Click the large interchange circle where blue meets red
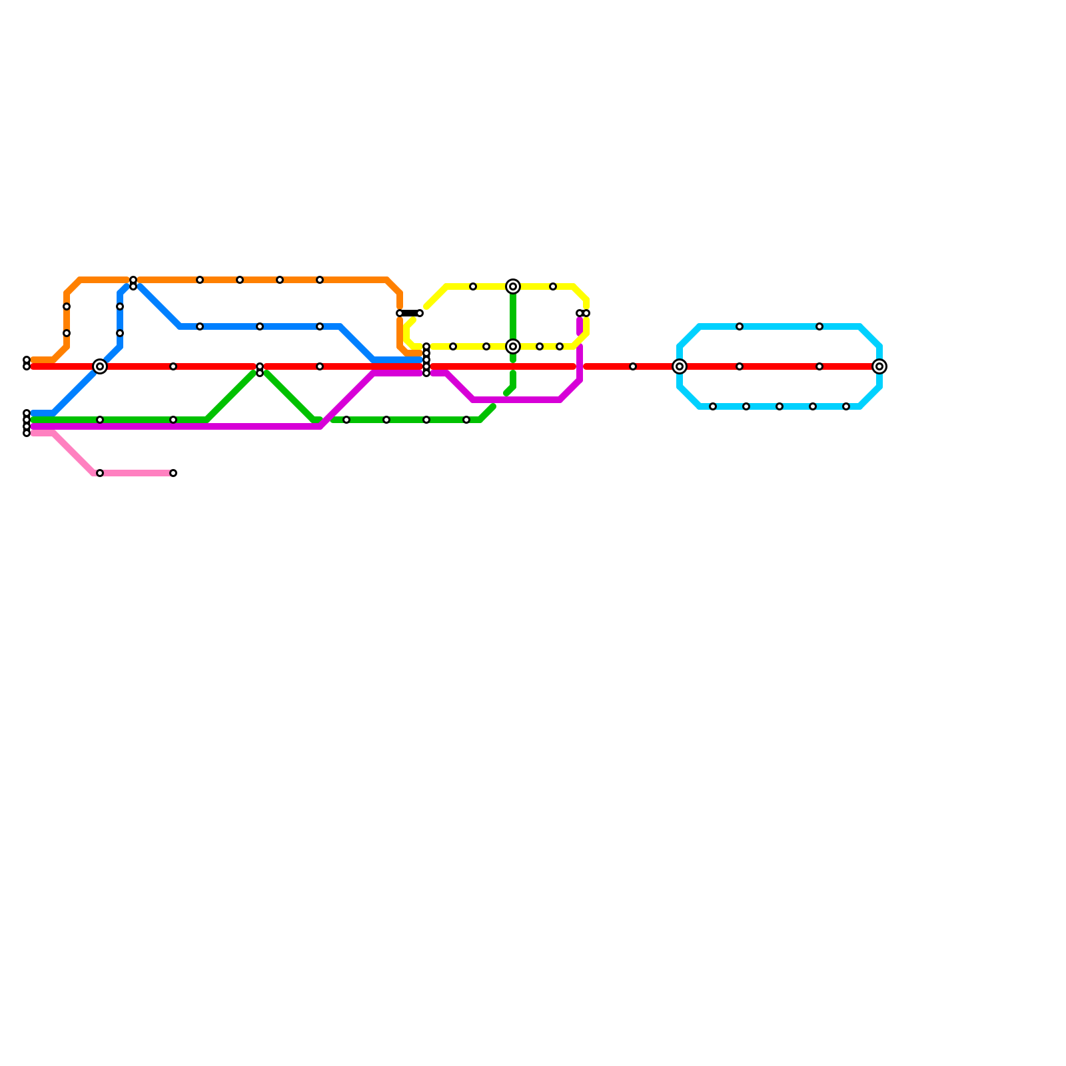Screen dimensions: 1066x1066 coord(100,366)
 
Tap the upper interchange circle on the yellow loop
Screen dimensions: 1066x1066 coord(513,286)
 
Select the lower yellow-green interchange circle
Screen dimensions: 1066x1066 coord(513,346)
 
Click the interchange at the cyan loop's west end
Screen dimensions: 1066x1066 coord(680,366)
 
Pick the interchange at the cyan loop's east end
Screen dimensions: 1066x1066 coord(879,366)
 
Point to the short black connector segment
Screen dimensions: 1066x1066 coord(410,313)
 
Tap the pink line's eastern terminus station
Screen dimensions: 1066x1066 coord(173,473)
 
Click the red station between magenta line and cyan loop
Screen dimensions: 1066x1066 coord(633,366)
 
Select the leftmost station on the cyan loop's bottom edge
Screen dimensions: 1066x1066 coord(713,406)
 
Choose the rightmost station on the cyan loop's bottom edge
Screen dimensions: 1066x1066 coord(846,406)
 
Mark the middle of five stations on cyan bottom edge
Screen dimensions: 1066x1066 coord(780,406)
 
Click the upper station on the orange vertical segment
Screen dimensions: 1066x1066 coord(67,306)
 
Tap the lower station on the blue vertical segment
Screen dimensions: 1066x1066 coord(120,333)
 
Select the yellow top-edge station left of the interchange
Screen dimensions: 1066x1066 coord(473,286)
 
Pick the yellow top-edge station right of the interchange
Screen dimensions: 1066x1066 coord(553,286)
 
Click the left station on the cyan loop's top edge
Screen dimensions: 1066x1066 coord(740,326)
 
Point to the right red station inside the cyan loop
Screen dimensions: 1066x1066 coord(819,366)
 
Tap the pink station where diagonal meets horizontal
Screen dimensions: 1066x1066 coord(100,473)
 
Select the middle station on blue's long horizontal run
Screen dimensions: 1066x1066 coord(260,326)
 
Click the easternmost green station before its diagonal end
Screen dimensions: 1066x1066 coord(466,420)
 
